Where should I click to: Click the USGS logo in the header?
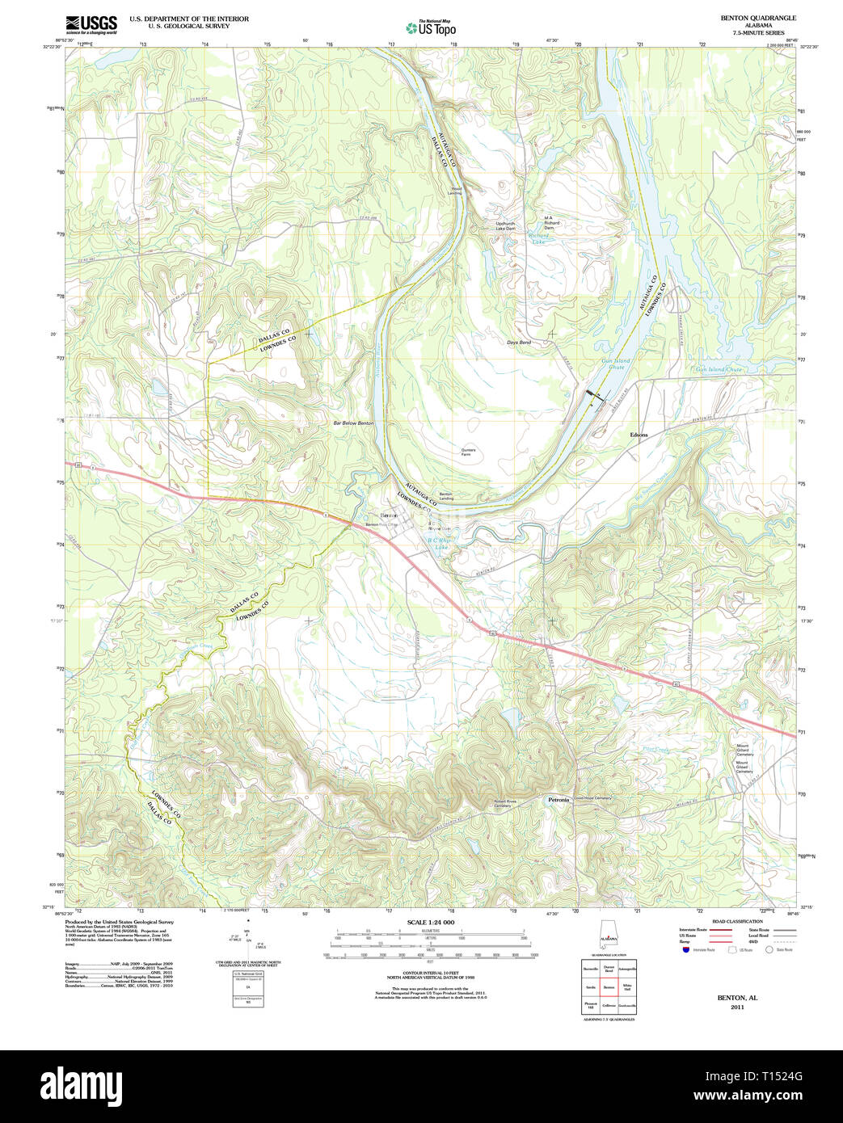91,23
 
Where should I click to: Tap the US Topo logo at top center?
431,27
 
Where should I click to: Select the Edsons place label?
639,435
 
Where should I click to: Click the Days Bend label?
519,343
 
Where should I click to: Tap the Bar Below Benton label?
353,423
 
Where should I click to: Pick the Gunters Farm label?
468,452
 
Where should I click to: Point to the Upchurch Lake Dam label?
505,225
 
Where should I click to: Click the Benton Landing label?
445,496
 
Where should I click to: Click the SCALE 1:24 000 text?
430,923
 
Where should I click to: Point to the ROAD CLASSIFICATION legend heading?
736,922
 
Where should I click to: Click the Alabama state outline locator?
609,936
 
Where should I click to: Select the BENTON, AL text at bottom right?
737,998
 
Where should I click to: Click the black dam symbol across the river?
596,394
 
